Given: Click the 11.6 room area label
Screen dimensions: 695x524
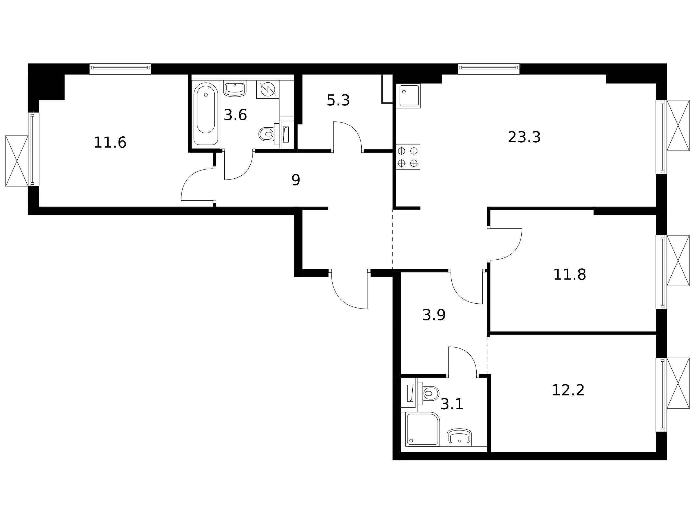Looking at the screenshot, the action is [110, 143].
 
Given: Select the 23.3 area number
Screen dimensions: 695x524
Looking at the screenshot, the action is [524, 137].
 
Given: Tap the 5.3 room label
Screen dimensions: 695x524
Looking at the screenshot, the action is [338, 101].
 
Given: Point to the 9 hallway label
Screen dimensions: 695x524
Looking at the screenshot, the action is [296, 180].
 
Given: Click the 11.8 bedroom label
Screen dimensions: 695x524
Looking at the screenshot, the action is [569, 275].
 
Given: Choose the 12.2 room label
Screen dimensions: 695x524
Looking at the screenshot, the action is [568, 390].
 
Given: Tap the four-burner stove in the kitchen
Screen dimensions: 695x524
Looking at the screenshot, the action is [408, 157].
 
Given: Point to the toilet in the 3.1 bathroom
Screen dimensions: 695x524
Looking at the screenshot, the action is [428, 393].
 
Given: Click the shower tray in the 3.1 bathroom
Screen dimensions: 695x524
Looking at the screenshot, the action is [422, 429].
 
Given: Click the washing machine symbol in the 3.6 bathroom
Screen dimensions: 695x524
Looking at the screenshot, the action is [268, 89].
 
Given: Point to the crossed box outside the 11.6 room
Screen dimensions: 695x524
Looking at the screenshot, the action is [17, 161].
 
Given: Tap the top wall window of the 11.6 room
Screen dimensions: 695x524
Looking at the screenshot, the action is [120, 69].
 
